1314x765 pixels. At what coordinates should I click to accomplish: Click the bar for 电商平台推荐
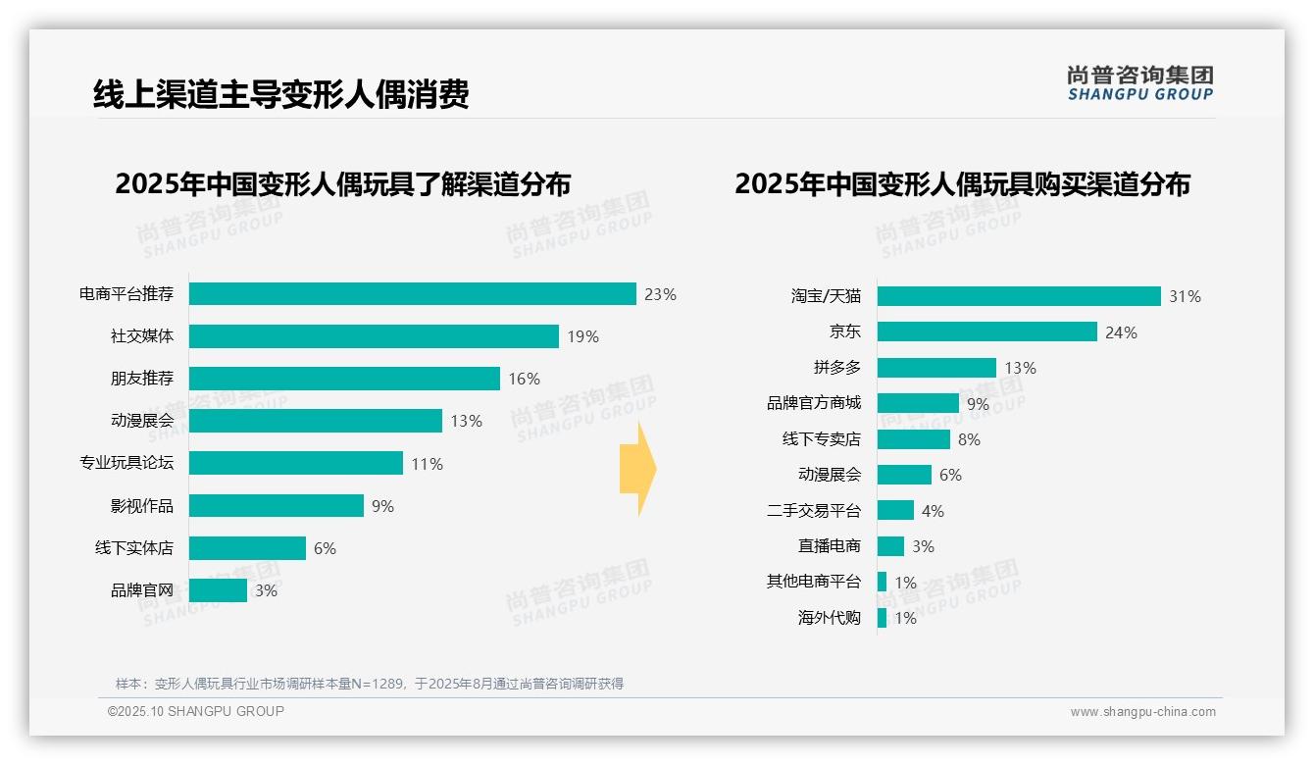[x=412, y=294]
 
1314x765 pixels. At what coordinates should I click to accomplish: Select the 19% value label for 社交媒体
[x=582, y=336]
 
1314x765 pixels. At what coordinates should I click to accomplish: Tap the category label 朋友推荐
[x=141, y=379]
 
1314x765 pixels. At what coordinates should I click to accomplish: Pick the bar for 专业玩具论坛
[x=295, y=463]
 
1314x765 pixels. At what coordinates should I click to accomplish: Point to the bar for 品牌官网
[x=218, y=590]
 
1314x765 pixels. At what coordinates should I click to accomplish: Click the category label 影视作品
[x=141, y=506]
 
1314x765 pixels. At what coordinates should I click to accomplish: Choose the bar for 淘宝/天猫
[x=1018, y=296]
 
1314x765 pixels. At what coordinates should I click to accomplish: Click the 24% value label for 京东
[x=1121, y=332]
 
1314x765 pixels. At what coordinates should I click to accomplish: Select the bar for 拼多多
[x=936, y=368]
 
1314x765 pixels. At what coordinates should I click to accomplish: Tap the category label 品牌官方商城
[x=813, y=403]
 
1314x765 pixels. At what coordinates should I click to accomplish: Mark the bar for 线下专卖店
[x=913, y=439]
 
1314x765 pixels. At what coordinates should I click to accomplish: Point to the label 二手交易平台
[x=813, y=511]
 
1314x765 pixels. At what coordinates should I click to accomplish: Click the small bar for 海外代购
[x=882, y=618]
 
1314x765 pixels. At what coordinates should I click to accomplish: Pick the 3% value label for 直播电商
[x=923, y=546]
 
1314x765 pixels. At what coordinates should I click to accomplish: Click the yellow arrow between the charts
[x=637, y=469]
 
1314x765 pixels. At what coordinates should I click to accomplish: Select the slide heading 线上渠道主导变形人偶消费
[x=280, y=94]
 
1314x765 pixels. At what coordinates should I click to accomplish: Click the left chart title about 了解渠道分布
[x=342, y=184]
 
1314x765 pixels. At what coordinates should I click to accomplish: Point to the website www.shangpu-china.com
[x=1142, y=712]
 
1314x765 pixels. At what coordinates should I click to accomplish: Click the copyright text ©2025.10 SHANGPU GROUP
[x=195, y=712]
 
